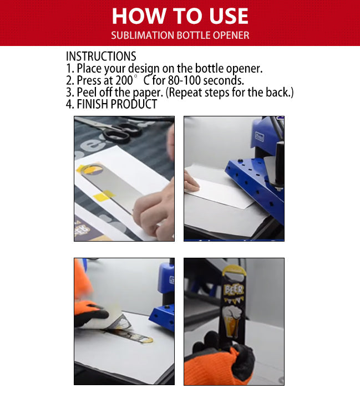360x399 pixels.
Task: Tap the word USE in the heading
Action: pyautogui.click(x=229, y=16)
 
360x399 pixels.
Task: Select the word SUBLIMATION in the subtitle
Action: pyautogui.click(x=142, y=35)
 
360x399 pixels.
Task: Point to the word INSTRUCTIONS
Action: pyautogui.click(x=101, y=56)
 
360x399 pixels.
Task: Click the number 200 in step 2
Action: pyautogui.click(x=124, y=80)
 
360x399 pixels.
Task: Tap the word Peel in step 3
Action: pyautogui.click(x=87, y=92)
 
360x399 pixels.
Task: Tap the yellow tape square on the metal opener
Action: pyautogui.click(x=103, y=196)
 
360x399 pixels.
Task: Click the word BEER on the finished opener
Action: pyautogui.click(x=234, y=290)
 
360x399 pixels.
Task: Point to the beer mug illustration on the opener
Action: pyautogui.click(x=231, y=321)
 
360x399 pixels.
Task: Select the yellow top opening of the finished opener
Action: pyautogui.click(x=235, y=270)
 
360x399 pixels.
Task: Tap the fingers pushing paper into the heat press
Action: pyautogui.click(x=191, y=181)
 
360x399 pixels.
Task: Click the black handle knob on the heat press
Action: pyautogui.click(x=280, y=163)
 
